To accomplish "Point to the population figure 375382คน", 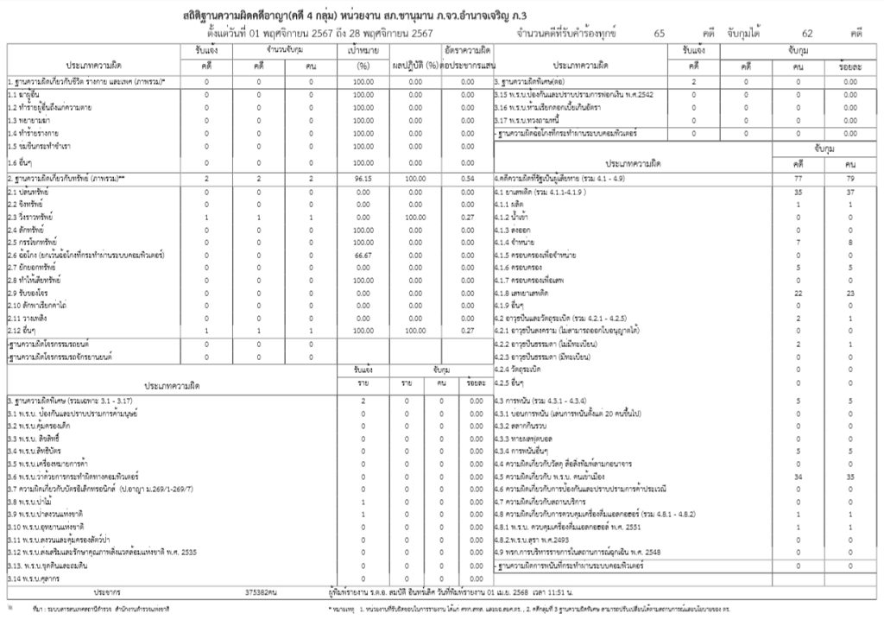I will coord(261,591).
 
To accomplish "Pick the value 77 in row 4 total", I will coord(799,176).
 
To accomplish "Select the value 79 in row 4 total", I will coord(850,176).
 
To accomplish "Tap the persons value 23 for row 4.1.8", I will coord(850,294).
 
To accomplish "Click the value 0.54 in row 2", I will coord(468,176).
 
